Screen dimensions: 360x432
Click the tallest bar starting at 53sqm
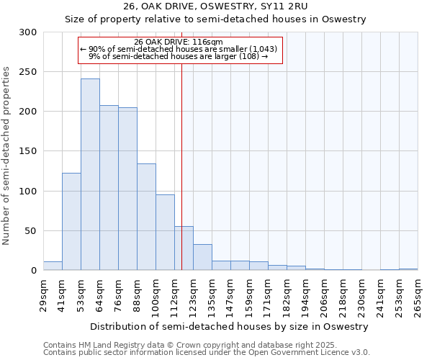point(90,175)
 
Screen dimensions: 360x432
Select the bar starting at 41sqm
point(71,222)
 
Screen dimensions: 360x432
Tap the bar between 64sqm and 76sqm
point(109,188)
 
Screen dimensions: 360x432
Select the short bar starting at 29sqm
point(53,266)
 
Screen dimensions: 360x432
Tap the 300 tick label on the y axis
point(28,32)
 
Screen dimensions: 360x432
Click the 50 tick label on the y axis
point(31,231)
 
